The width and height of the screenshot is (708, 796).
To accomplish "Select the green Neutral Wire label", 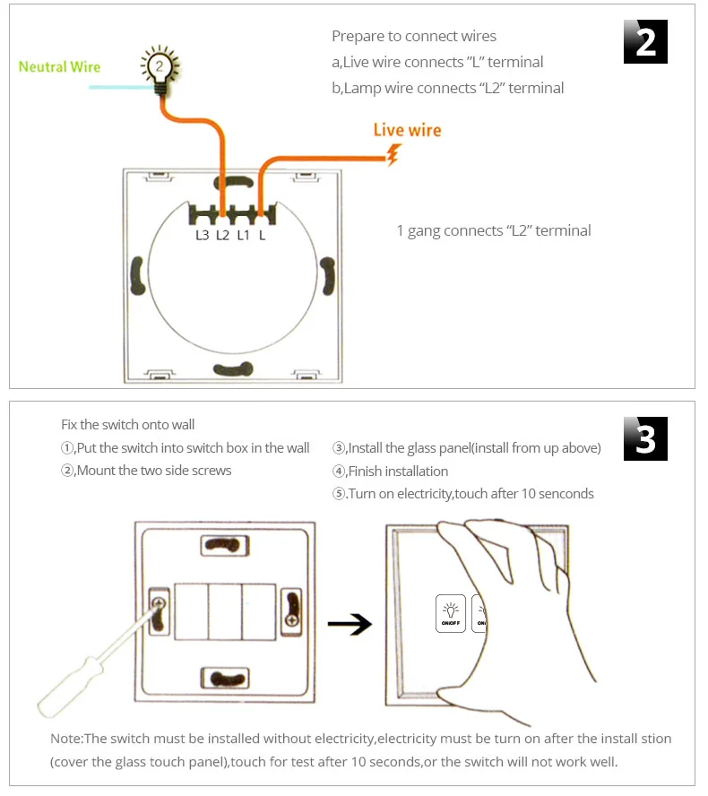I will pyautogui.click(x=59, y=67).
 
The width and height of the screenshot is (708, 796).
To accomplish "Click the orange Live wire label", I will pyautogui.click(x=407, y=130).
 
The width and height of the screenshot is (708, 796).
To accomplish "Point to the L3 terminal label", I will pyautogui.click(x=202, y=236).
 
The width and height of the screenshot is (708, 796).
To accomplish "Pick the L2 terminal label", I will pyautogui.click(x=223, y=236).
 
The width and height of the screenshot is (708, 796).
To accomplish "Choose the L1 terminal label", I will pyautogui.click(x=243, y=236).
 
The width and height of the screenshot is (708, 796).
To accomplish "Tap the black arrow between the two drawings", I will pyautogui.click(x=350, y=626).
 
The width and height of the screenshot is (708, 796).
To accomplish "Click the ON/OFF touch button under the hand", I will pyautogui.click(x=451, y=614).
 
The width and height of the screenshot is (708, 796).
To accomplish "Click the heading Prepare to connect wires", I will pyautogui.click(x=413, y=37).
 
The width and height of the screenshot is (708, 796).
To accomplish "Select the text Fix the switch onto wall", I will pyautogui.click(x=127, y=425).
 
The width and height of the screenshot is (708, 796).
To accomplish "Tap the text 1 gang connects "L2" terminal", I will pyautogui.click(x=493, y=231).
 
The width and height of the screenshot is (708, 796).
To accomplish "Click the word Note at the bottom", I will pyautogui.click(x=65, y=740).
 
